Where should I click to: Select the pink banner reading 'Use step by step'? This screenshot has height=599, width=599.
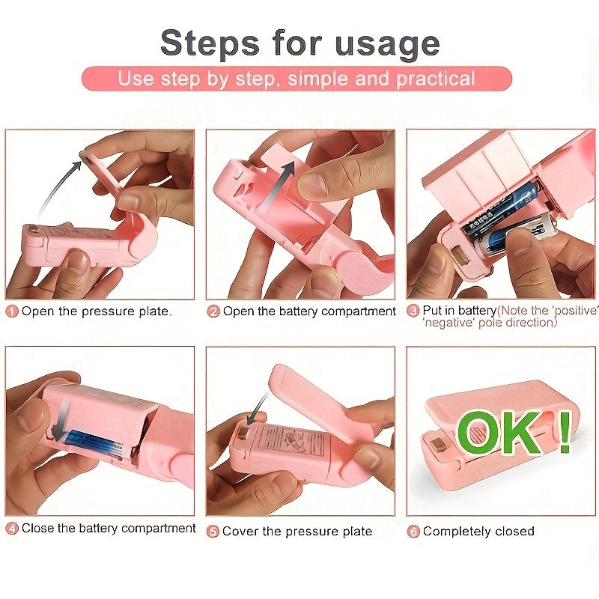[297, 79]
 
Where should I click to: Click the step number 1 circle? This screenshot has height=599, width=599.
[12, 311]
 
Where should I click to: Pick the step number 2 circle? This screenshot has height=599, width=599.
[213, 311]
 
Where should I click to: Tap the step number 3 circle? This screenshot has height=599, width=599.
[413, 311]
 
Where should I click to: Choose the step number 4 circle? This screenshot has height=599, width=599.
[12, 529]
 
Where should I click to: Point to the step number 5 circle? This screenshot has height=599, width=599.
[213, 531]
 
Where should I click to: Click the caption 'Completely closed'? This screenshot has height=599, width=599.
[478, 531]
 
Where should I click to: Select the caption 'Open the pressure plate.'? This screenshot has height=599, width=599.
[97, 311]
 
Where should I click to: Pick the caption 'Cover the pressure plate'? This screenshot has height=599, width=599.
[297, 531]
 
